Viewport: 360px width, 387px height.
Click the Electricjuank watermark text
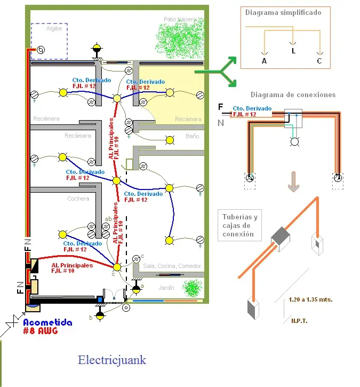[x=111, y=360]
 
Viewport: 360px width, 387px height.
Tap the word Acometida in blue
[x=46, y=322]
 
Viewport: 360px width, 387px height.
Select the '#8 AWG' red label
[x=41, y=331]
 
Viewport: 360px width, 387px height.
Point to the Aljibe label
[x=54, y=29]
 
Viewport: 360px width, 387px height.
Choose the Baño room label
[x=192, y=137]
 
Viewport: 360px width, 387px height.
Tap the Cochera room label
[x=78, y=199]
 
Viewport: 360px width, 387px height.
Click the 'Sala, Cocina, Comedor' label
[x=172, y=266]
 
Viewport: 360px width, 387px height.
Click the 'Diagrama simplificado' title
[x=283, y=13]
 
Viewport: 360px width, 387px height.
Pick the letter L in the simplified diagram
[x=293, y=51]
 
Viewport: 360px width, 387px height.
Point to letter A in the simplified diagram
[x=264, y=61]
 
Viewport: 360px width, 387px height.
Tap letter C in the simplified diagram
[x=319, y=61]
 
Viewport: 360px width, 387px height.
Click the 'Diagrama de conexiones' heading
[x=293, y=95]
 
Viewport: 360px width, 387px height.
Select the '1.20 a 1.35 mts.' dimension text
[x=310, y=299]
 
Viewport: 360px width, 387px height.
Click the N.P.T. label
[x=299, y=321]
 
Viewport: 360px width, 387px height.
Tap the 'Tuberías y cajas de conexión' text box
[x=239, y=225]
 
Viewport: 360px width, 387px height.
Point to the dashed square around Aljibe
[x=49, y=41]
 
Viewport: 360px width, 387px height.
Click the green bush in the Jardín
[x=192, y=288]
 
